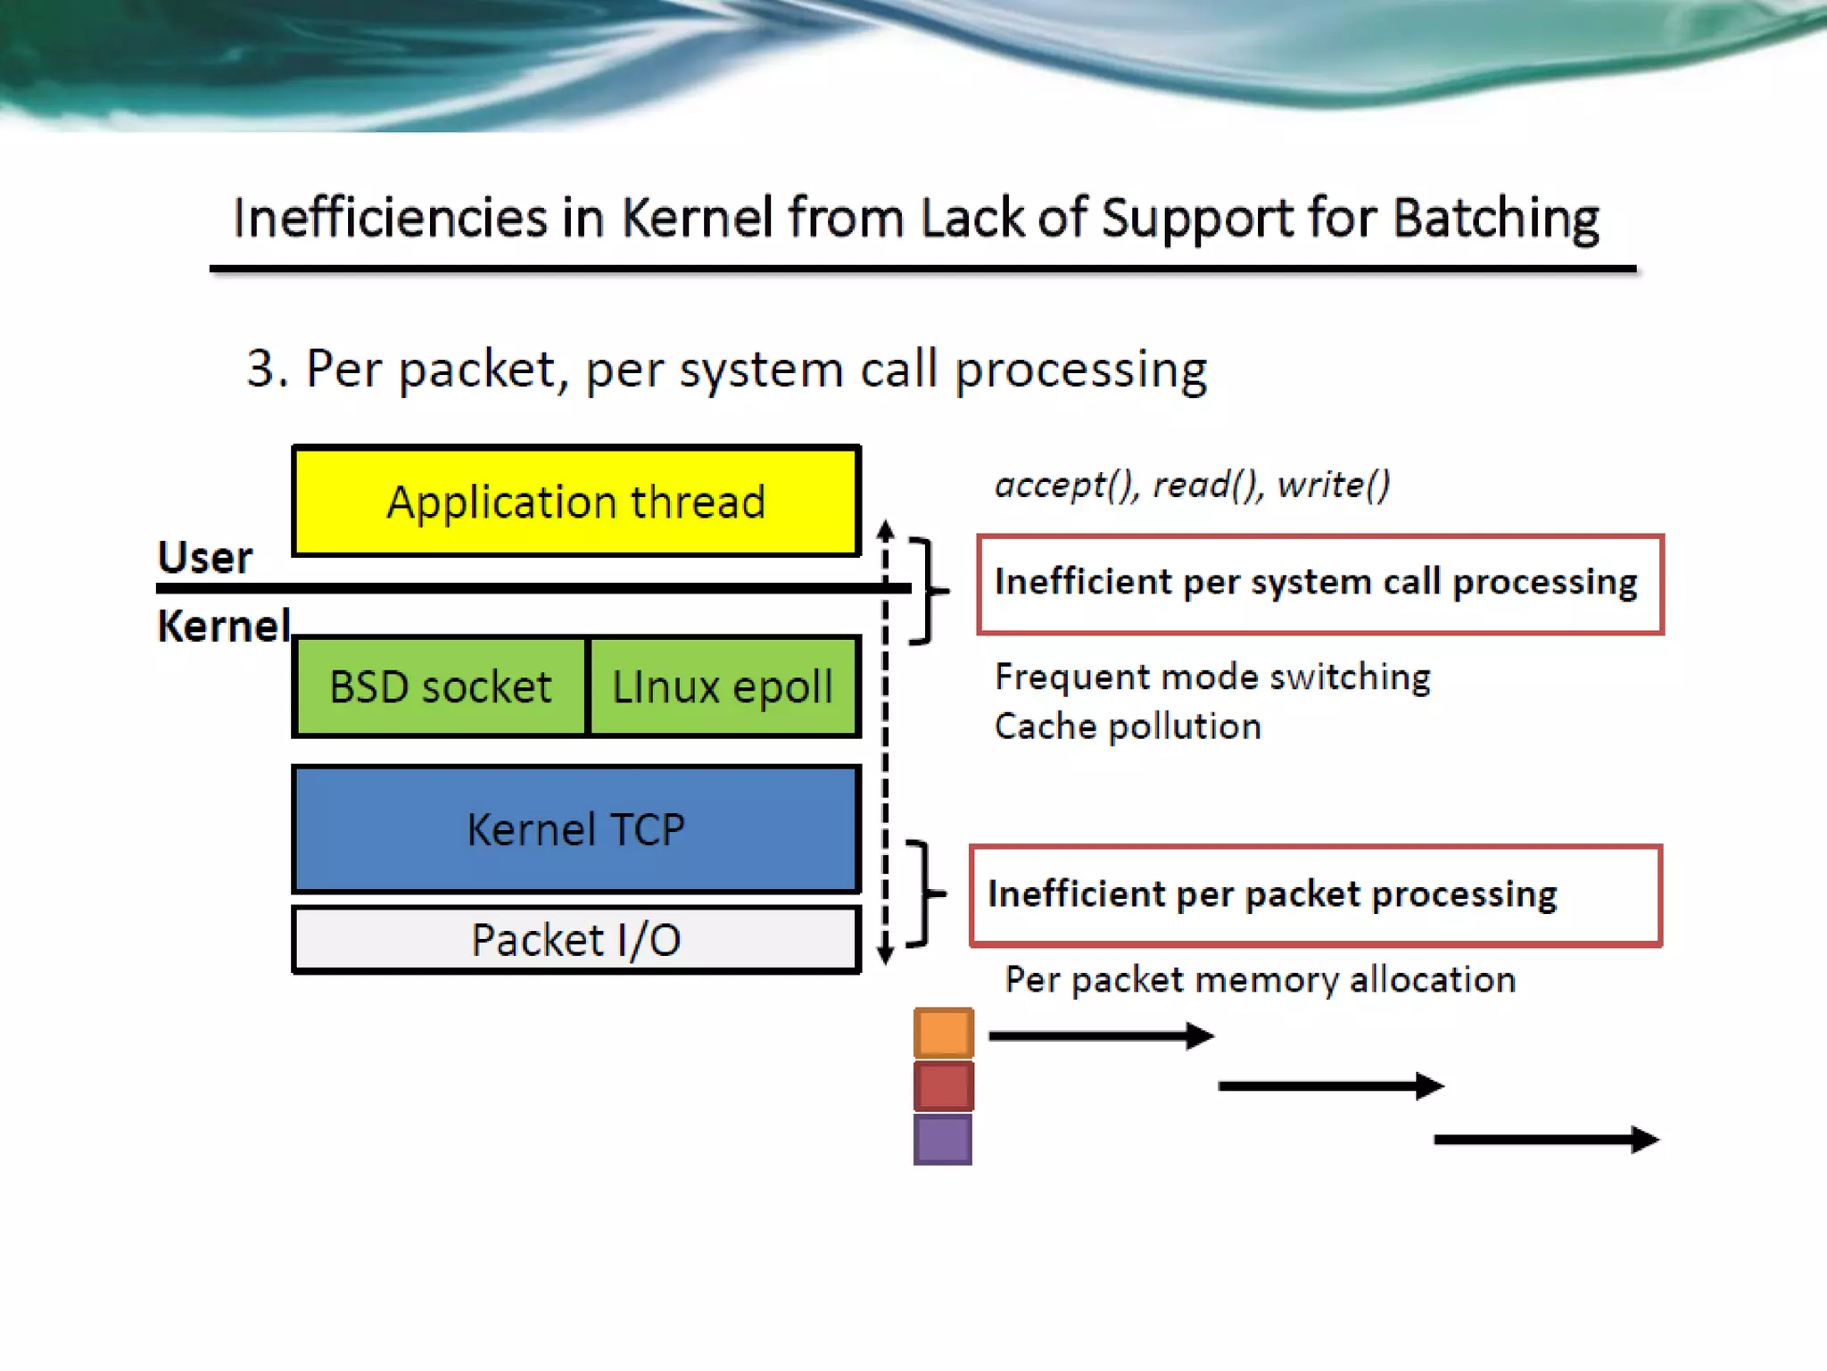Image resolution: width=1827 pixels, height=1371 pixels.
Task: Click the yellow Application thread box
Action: coord(576,502)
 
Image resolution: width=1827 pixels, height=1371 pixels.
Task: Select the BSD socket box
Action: coord(440,686)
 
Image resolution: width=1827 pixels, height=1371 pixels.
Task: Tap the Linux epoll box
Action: coord(723,686)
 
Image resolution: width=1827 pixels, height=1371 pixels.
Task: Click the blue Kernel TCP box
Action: coord(576,829)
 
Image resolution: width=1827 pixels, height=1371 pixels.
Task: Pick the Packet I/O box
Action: coord(576,940)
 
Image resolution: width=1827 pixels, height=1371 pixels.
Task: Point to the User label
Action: coord(205,558)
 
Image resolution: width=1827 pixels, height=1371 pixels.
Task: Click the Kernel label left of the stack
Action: coord(223,626)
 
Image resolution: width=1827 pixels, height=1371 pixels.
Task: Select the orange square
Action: coord(943,1033)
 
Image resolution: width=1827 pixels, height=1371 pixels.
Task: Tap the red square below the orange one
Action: coord(943,1085)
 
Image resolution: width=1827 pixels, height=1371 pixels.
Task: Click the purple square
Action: coord(943,1139)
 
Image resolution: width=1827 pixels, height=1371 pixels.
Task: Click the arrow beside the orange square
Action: coord(1101,1036)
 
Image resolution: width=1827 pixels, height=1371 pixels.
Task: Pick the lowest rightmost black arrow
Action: coord(1546,1140)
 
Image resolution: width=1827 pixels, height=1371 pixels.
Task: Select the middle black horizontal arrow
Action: coord(1330,1086)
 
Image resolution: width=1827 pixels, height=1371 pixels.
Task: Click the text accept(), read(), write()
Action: coord(1192,485)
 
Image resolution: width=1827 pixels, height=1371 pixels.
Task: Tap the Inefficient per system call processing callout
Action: coord(1319,584)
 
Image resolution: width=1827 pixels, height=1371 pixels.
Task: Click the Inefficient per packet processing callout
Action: coord(1315,895)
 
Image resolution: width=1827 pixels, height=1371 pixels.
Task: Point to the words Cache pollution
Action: coord(1128,727)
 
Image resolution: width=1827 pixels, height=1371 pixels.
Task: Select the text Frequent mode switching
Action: coord(1212,677)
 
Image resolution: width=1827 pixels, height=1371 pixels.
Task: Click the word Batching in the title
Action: coord(1496,219)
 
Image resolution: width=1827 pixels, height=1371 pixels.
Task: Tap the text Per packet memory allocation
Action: coord(1260,980)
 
